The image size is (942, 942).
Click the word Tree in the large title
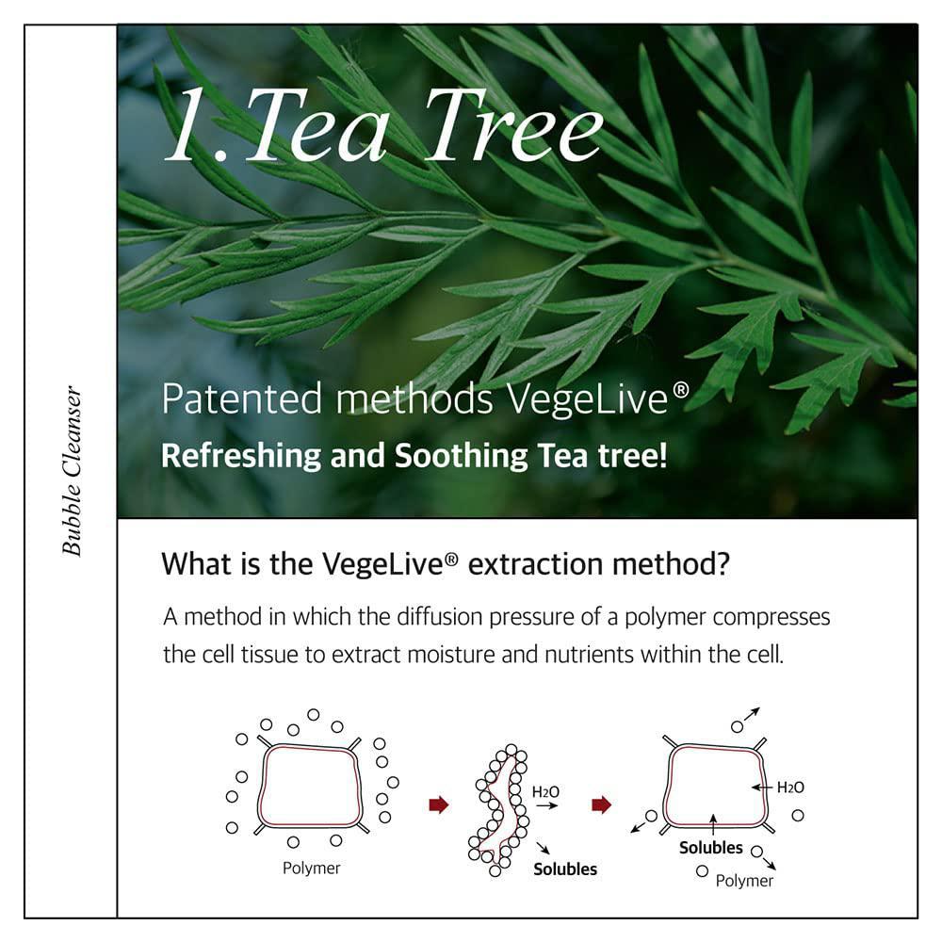pyautogui.click(x=514, y=125)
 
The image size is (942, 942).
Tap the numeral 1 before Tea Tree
pyautogui.click(x=191, y=125)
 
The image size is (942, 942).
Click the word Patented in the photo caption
pyautogui.click(x=242, y=398)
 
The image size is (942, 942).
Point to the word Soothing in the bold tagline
pyautogui.click(x=461, y=455)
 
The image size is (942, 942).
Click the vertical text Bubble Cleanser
pyautogui.click(x=72, y=471)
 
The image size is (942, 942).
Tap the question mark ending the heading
pyautogui.click(x=723, y=564)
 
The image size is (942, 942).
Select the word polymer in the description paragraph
pyautogui.click(x=665, y=618)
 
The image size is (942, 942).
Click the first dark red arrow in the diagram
pyautogui.click(x=439, y=804)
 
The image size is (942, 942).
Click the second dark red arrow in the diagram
pyautogui.click(x=601, y=804)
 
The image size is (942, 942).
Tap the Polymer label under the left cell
pyautogui.click(x=311, y=869)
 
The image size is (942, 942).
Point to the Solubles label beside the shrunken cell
pyautogui.click(x=565, y=869)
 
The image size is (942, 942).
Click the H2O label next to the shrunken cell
pyautogui.click(x=545, y=792)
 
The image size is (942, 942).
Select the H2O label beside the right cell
pyautogui.click(x=790, y=788)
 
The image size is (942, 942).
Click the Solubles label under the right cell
pyautogui.click(x=710, y=848)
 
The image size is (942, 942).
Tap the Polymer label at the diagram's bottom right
pyautogui.click(x=744, y=881)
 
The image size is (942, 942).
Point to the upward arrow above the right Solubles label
pyautogui.click(x=713, y=825)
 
